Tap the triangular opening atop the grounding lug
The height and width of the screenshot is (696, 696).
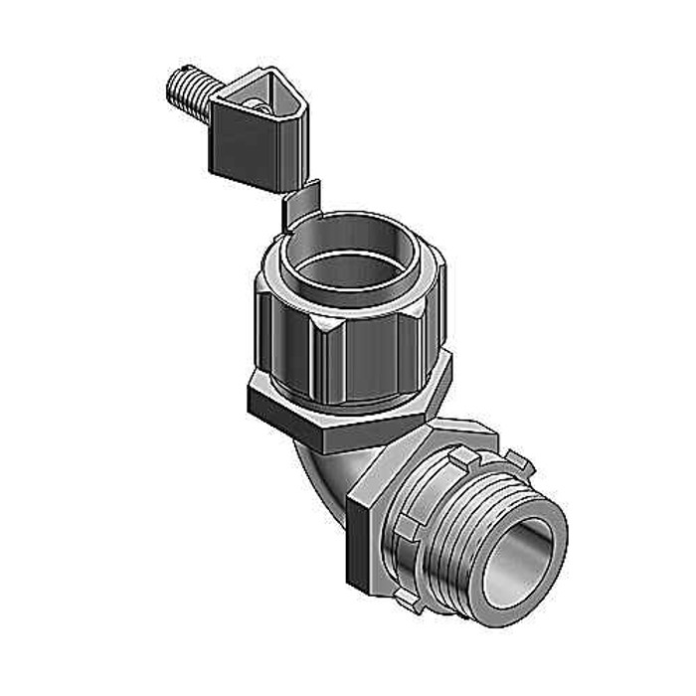pos(261,98)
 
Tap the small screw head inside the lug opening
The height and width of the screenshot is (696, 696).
pos(257,104)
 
